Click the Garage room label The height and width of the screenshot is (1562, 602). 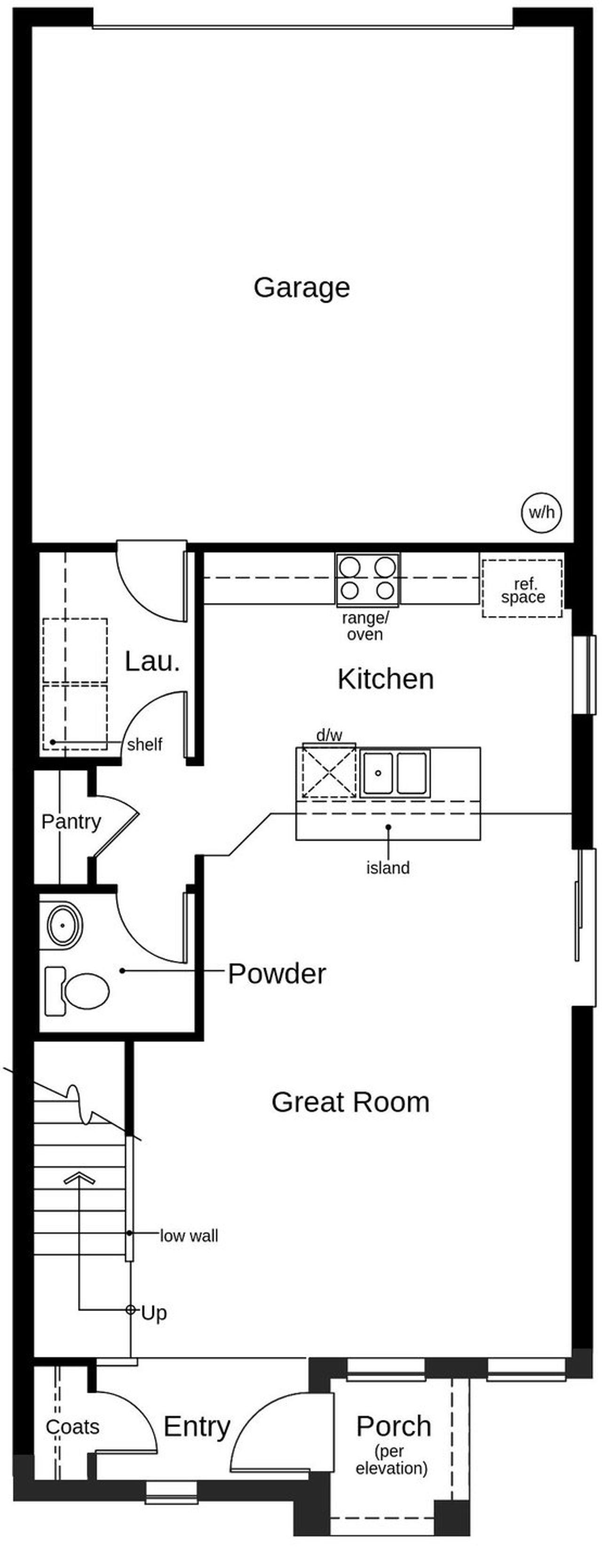point(301,287)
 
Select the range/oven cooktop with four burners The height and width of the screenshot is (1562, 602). point(367,579)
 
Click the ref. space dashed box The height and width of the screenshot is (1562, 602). point(522,588)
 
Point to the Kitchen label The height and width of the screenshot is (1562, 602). point(386,679)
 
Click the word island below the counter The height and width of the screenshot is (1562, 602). point(388,868)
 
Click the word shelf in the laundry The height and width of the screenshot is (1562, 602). point(144,744)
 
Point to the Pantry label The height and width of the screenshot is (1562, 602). point(71,822)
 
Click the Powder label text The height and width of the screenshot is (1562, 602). point(277,974)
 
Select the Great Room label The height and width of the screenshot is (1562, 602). point(350,1102)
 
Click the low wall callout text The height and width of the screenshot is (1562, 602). point(189,1236)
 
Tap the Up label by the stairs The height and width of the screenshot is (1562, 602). point(153,1313)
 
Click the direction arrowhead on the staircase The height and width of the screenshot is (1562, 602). point(79,1178)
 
